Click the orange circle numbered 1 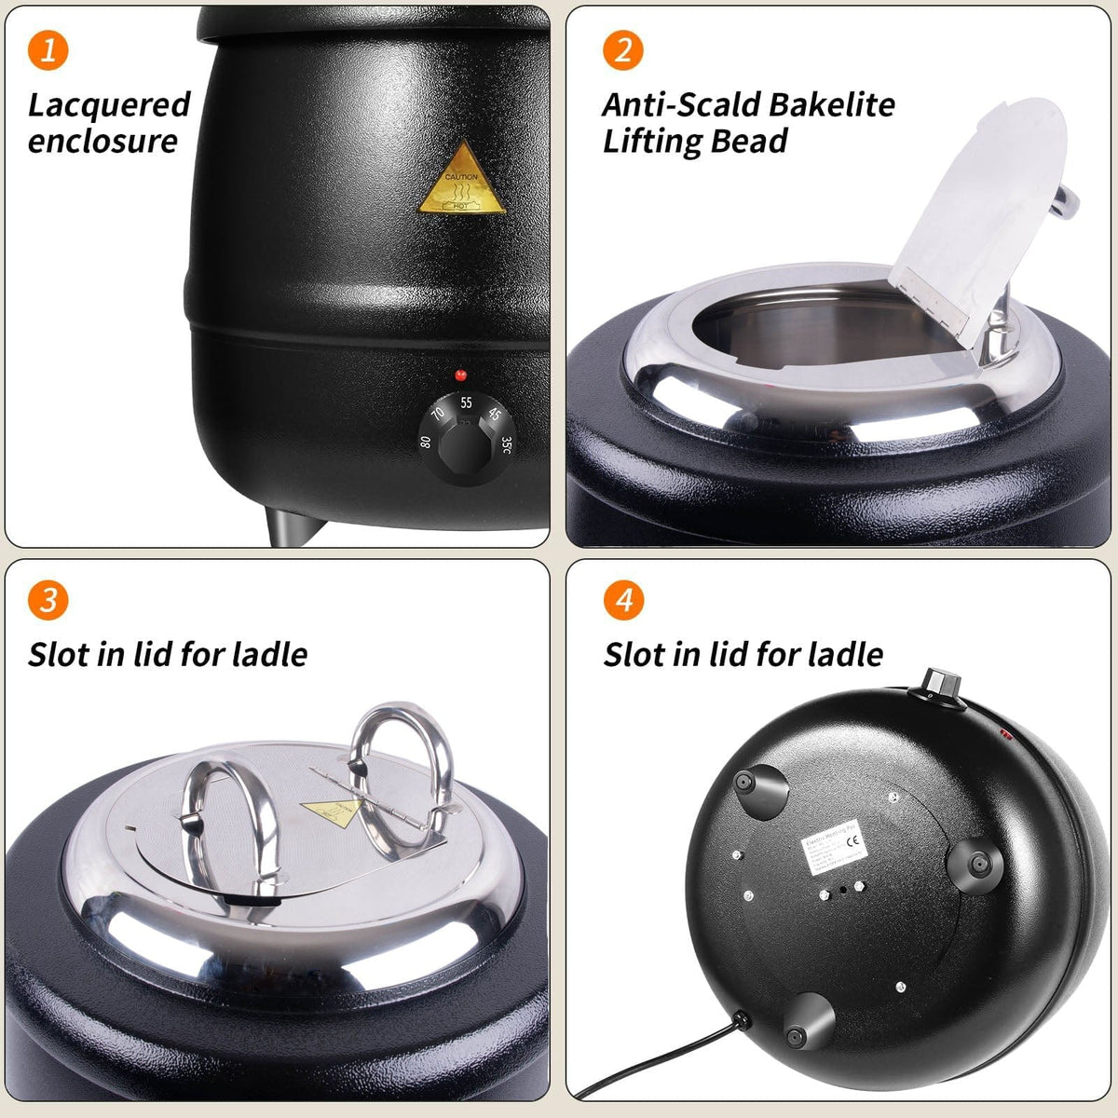(48, 48)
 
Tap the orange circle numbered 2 (623, 48)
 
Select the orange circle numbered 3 (48, 599)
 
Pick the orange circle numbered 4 (623, 599)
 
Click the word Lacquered (109, 104)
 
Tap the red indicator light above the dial (460, 375)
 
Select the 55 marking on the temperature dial (466, 403)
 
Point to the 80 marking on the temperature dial (426, 442)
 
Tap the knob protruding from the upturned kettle (938, 682)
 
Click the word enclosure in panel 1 (102, 142)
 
